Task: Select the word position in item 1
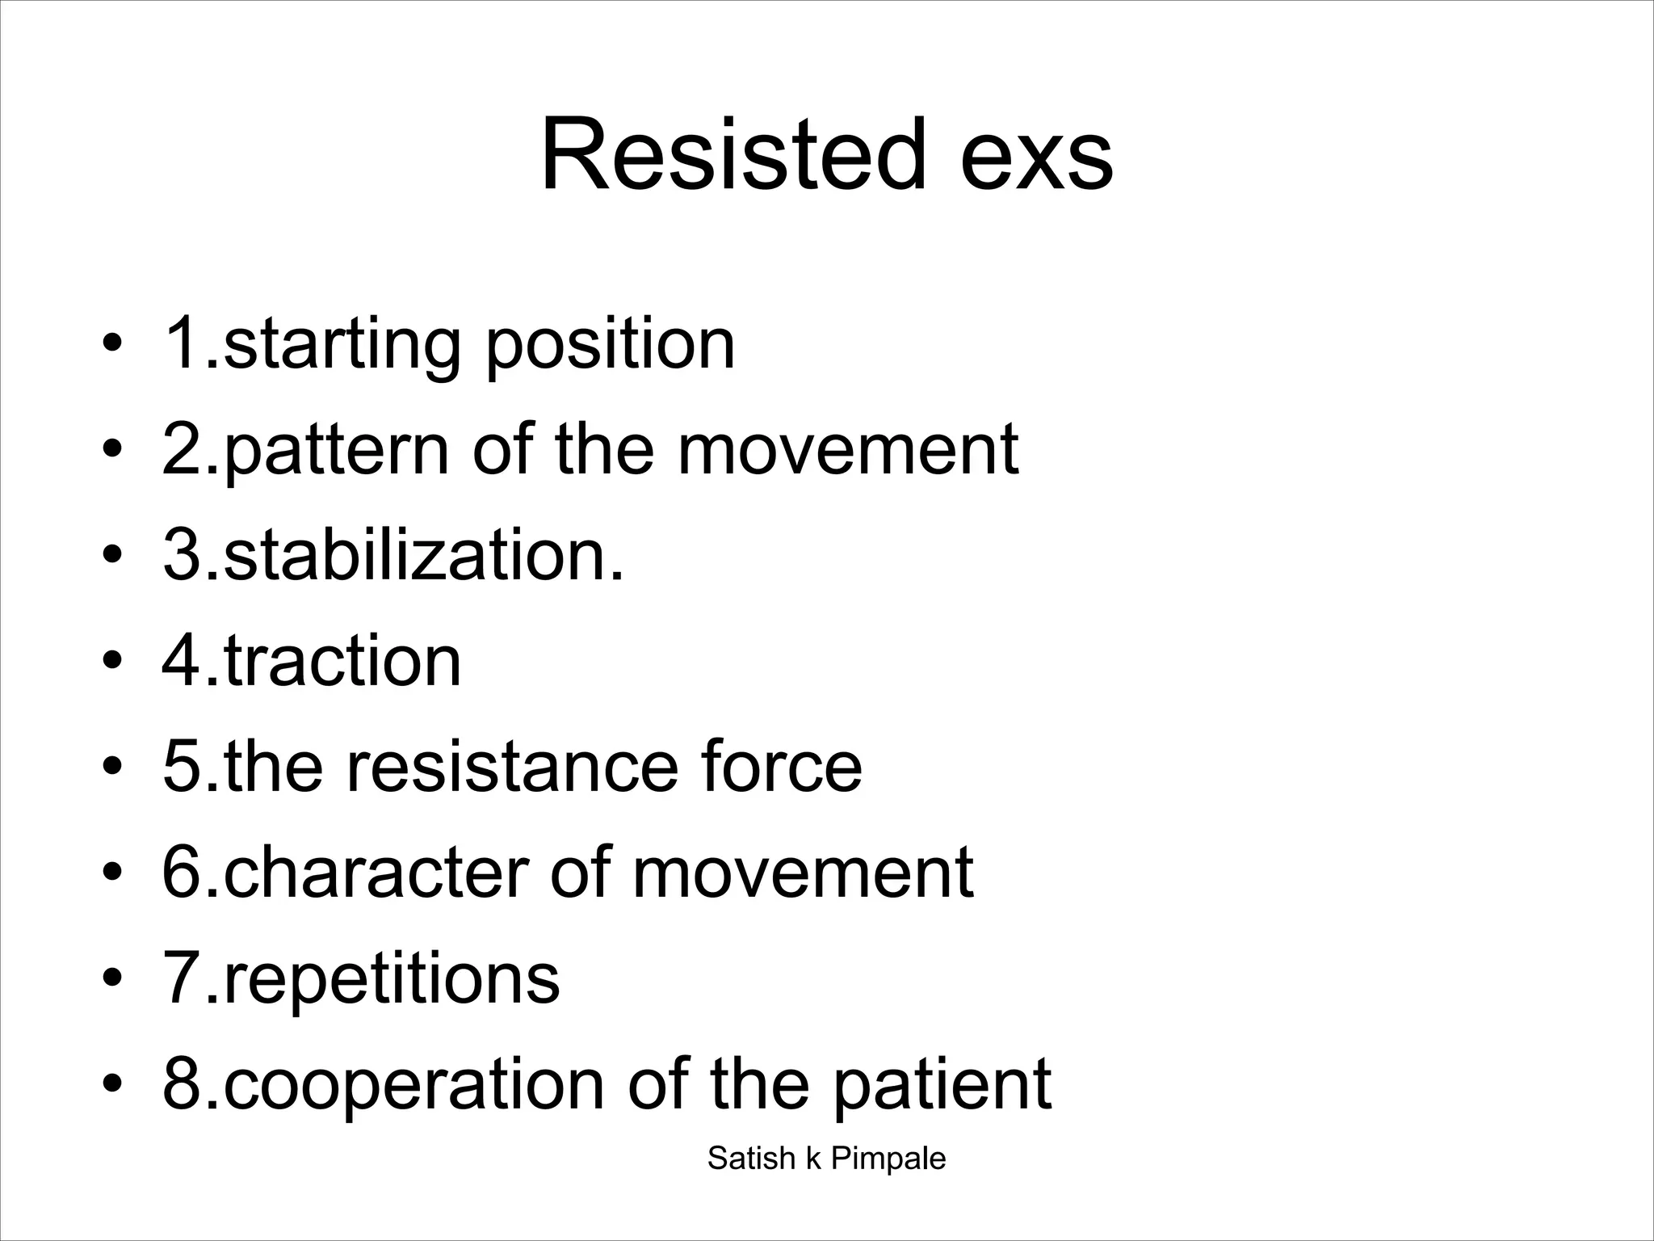point(610,347)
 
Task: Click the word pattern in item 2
point(335,451)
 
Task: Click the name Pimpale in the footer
point(888,1159)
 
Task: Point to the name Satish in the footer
point(751,1159)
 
